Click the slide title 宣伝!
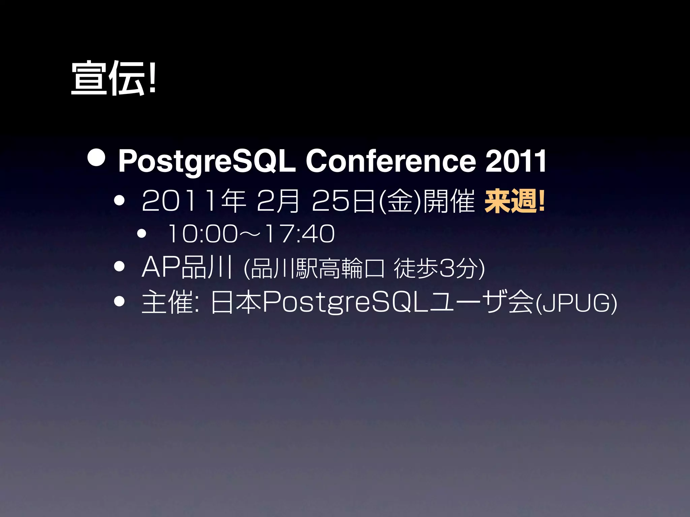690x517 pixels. click(x=114, y=78)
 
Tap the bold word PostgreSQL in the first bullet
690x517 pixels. click(x=207, y=162)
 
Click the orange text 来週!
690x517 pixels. click(x=514, y=201)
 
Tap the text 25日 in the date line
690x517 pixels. click(x=343, y=201)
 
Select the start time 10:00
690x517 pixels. click(x=202, y=234)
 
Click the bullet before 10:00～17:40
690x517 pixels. click(x=142, y=234)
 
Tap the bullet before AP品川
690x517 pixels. click(x=119, y=267)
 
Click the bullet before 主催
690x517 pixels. click(x=119, y=301)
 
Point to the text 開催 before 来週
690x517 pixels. click(x=448, y=201)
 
